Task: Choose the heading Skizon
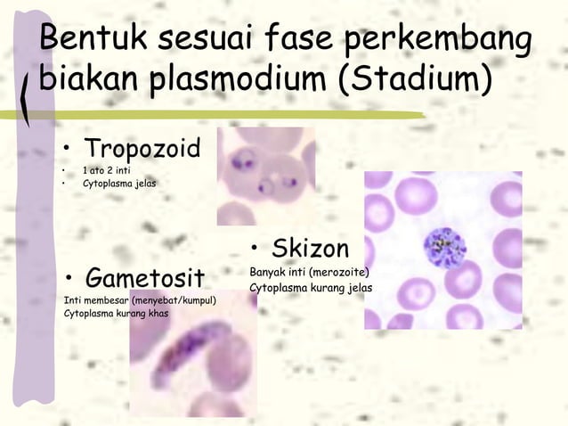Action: coord(311,247)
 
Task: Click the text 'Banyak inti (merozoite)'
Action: coord(310,272)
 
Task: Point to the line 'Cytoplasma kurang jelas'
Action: coord(311,288)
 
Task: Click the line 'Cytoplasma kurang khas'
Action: coord(117,313)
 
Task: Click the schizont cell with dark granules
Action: coord(443,247)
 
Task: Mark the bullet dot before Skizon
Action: coord(256,248)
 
